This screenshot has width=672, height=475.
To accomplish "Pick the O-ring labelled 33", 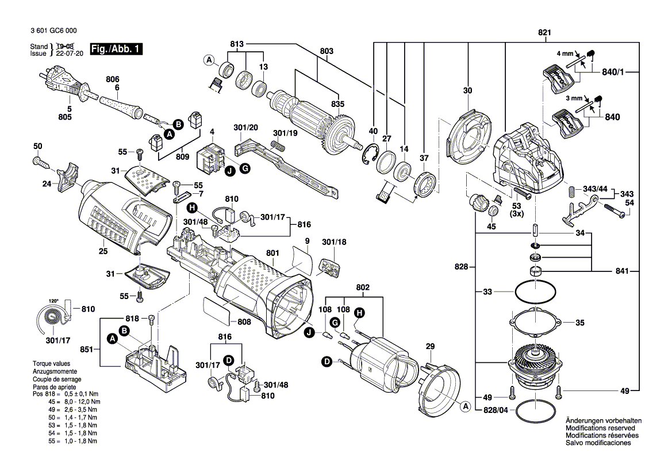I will click(x=535, y=292).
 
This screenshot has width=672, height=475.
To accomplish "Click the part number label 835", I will click(x=337, y=104).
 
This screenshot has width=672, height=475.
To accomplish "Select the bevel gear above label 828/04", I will click(x=533, y=363).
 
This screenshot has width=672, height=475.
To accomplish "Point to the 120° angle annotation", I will click(x=53, y=301).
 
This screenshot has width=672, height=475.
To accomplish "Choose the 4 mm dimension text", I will click(x=565, y=53).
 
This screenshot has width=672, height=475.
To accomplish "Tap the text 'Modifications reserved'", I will click(x=600, y=428).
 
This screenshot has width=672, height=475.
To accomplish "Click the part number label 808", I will click(x=244, y=322).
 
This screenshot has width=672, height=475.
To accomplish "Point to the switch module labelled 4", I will click(x=210, y=158).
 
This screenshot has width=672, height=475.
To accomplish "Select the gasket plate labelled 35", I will click(x=534, y=323).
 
